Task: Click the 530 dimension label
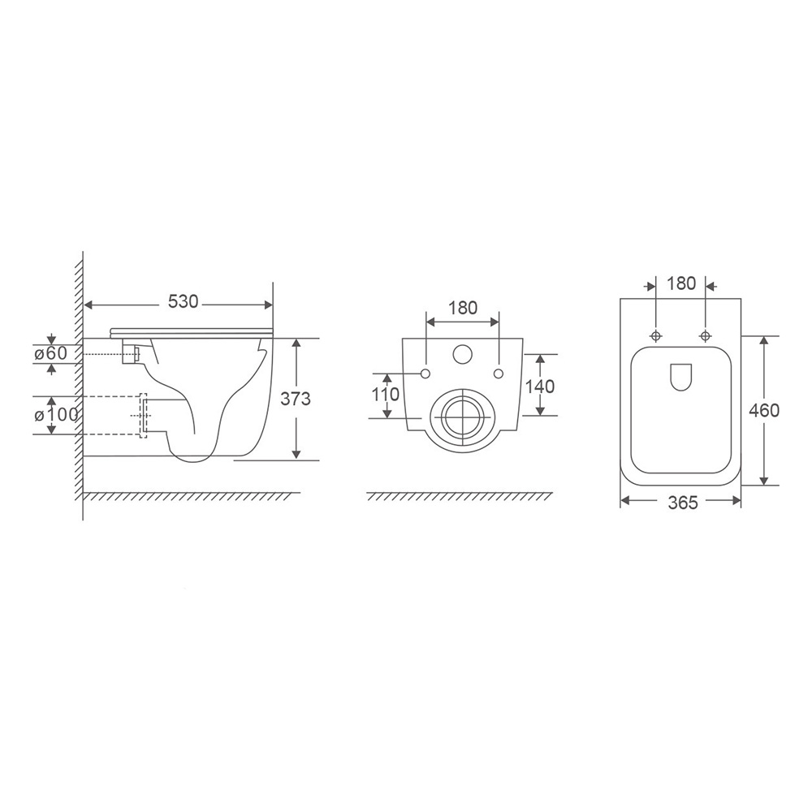click(184, 301)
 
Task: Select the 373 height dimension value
click(296, 398)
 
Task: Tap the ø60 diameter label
click(50, 353)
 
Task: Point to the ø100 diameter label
click(56, 414)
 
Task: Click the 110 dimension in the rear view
click(385, 394)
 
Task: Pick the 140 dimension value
click(540, 386)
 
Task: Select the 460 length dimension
click(764, 410)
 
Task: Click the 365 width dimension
click(683, 503)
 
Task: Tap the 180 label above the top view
click(681, 283)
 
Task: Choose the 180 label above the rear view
click(463, 308)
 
